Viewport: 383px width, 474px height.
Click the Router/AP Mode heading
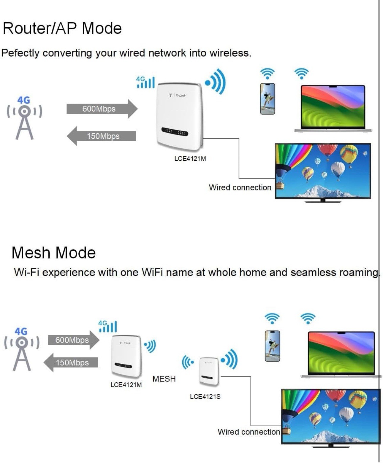[62, 28]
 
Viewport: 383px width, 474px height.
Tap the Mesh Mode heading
[53, 253]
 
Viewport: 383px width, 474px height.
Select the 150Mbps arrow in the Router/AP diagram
[102, 136]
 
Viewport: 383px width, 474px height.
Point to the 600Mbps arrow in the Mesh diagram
[73, 340]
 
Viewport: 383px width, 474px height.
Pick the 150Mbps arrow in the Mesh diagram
[71, 362]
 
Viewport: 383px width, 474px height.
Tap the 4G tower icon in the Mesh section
[21, 349]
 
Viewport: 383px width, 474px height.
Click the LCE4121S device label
[205, 397]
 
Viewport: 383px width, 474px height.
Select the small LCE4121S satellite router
[209, 370]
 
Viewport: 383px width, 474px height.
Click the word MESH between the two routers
[164, 379]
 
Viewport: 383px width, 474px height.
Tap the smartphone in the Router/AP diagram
[267, 98]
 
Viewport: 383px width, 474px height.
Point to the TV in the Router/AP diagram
[323, 171]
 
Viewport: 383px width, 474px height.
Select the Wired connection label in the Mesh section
[249, 432]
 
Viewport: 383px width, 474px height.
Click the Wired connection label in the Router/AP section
[240, 187]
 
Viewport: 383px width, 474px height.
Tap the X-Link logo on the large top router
[178, 95]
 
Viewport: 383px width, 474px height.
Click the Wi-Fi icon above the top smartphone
[267, 73]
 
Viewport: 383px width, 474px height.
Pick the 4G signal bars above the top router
[145, 82]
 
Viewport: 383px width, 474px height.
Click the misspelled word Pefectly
[20, 53]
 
